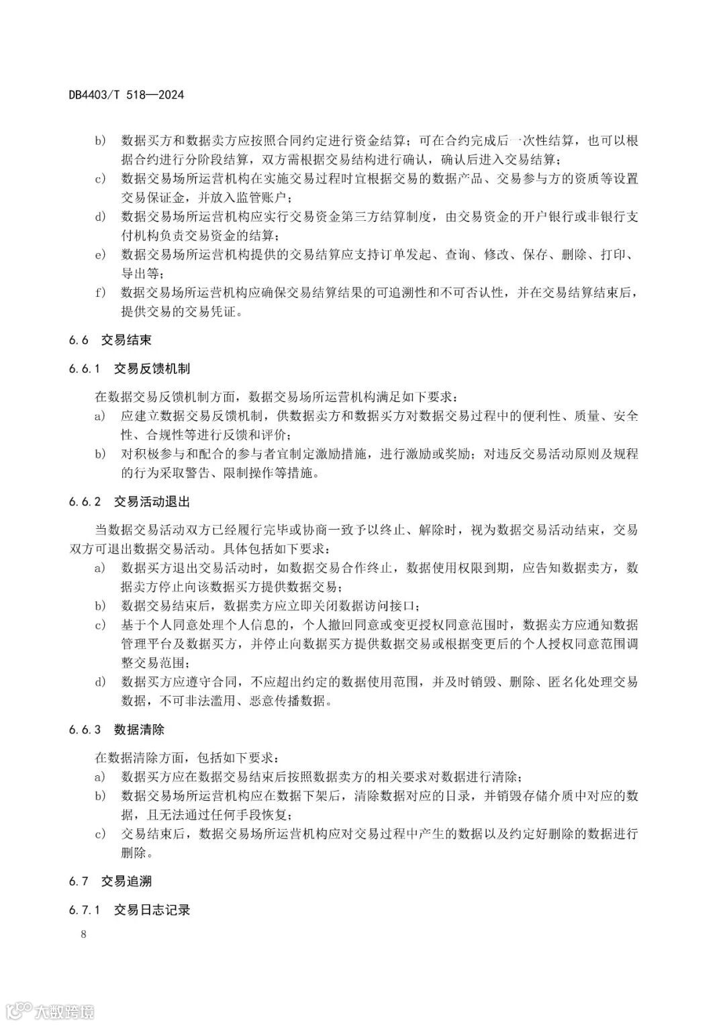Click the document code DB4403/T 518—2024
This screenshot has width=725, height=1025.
pyautogui.click(x=126, y=95)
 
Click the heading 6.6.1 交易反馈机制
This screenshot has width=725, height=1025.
pyautogui.click(x=129, y=369)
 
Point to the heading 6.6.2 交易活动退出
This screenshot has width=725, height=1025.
pyautogui.click(x=129, y=501)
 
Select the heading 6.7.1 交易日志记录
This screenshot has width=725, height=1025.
pyautogui.click(x=129, y=910)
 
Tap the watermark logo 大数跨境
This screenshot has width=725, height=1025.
pyautogui.click(x=50, y=1010)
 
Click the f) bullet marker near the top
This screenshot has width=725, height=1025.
pyautogui.click(x=99, y=293)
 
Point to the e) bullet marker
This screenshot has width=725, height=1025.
pyautogui.click(x=99, y=255)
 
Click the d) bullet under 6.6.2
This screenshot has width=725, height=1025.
pyautogui.click(x=99, y=682)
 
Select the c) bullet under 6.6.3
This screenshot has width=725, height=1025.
pyautogui.click(x=99, y=834)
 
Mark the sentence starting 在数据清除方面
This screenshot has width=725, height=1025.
pyautogui.click(x=185, y=758)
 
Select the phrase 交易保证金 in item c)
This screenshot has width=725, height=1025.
pyautogui.click(x=148, y=197)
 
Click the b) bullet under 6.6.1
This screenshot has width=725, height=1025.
pyautogui.click(x=99, y=454)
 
